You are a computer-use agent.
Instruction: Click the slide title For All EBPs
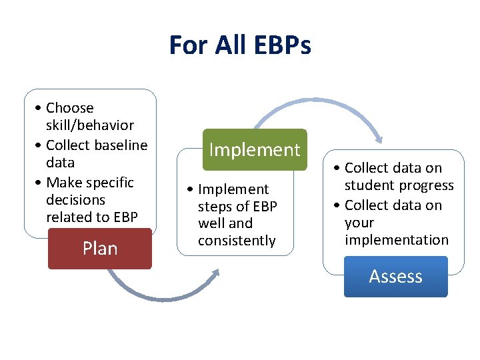[240, 46]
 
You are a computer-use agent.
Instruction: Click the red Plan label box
[100, 249]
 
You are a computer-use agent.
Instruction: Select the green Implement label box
[255, 150]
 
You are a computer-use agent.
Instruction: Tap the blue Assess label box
[396, 277]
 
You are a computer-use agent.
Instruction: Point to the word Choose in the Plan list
[70, 108]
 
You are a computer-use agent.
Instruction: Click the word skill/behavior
[90, 125]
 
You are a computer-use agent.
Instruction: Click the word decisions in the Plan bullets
[75, 200]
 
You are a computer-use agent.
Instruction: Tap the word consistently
[237, 241]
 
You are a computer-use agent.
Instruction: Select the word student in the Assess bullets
[371, 185]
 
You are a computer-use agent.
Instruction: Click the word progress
[427, 185]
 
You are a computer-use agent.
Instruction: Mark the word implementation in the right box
[397, 240]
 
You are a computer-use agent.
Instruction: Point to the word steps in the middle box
[215, 206]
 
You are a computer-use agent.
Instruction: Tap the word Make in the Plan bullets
[63, 183]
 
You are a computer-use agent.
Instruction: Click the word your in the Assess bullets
[359, 223]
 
